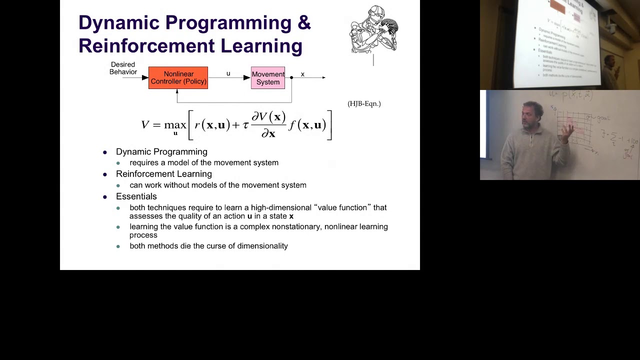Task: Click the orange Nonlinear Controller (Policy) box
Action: pyautogui.click(x=178, y=78)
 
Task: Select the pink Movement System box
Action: pyautogui.click(x=268, y=78)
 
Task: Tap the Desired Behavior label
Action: pyautogui.click(x=123, y=68)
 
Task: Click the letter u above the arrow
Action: pyautogui.click(x=228, y=73)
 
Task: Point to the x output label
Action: pyautogui.click(x=302, y=74)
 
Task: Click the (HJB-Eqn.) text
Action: pyautogui.click(x=364, y=103)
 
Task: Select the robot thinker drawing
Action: pyautogui.click(x=374, y=29)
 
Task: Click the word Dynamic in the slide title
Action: pyautogui.click(x=118, y=22)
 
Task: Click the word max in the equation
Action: pyautogui.click(x=175, y=124)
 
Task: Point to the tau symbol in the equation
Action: pyautogui.click(x=245, y=125)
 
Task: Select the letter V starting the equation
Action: pyautogui.click(x=145, y=124)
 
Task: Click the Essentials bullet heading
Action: pyautogui.click(x=136, y=196)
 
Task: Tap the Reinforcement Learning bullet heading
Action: pyautogui.click(x=163, y=174)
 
